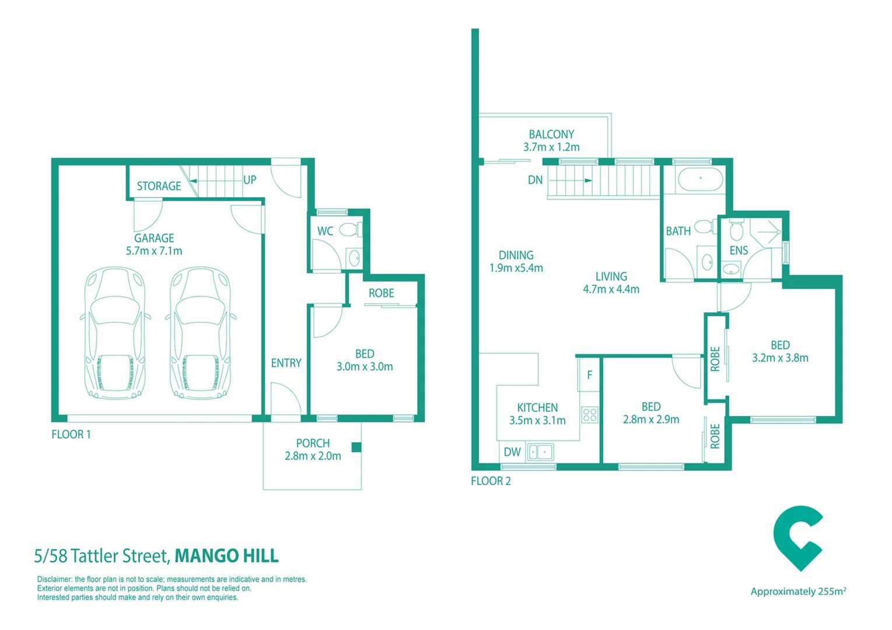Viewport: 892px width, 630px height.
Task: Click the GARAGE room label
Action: click(x=154, y=238)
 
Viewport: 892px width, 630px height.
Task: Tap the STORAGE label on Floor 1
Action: click(x=159, y=186)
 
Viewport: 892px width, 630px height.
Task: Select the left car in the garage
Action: click(x=114, y=333)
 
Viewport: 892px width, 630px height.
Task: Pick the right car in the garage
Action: click(x=200, y=333)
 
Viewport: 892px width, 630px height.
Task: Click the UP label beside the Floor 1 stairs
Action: click(x=250, y=180)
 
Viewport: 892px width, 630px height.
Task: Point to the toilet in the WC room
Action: click(x=349, y=230)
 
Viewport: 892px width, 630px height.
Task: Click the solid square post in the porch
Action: click(x=356, y=447)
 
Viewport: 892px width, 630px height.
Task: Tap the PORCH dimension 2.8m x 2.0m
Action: click(x=313, y=456)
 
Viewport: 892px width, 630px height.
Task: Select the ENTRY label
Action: click(x=286, y=363)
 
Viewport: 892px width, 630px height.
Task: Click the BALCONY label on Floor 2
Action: click(x=551, y=134)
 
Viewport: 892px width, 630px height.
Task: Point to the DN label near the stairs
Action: click(x=535, y=180)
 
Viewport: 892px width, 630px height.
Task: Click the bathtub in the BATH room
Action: click(x=700, y=179)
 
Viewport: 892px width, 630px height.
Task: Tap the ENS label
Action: click(x=739, y=250)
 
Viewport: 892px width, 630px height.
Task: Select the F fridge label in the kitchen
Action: click(x=589, y=375)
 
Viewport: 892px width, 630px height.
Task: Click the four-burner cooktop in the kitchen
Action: click(x=590, y=415)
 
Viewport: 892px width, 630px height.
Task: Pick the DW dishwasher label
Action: click(x=512, y=452)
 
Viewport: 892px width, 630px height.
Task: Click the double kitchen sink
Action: click(x=540, y=452)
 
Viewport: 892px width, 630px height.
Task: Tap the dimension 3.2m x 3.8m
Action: click(x=780, y=358)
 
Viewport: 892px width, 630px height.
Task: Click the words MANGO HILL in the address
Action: click(x=226, y=555)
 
